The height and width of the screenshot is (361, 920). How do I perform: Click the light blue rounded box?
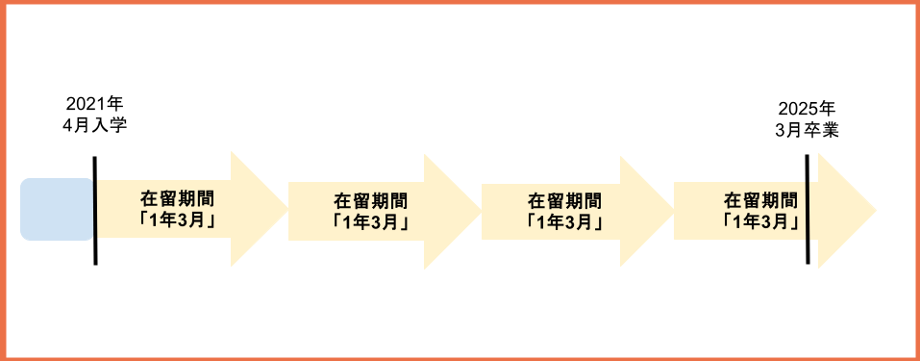click(57, 209)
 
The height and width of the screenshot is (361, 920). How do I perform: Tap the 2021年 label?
click(95, 105)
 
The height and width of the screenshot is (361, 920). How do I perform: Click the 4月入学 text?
click(95, 125)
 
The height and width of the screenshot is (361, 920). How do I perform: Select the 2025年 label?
click(807, 109)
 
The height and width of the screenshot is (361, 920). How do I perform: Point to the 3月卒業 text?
click(807, 129)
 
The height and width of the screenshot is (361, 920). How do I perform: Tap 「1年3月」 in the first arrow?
click(177, 219)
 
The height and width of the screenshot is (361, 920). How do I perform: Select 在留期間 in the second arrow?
click(370, 201)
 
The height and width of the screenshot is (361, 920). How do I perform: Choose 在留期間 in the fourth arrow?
click(760, 200)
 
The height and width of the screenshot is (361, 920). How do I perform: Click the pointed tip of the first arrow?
click(286, 209)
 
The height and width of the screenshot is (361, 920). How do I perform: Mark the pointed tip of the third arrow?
click(672, 211)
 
